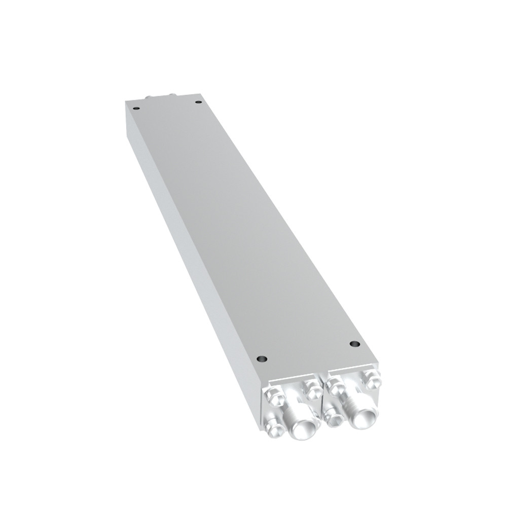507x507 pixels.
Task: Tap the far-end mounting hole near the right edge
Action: pyautogui.click(x=198, y=102)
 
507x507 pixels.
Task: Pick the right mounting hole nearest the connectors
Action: pyautogui.click(x=354, y=344)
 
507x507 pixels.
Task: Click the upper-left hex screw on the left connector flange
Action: pyautogui.click(x=273, y=395)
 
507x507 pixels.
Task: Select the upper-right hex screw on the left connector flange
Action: pyautogui.click(x=312, y=389)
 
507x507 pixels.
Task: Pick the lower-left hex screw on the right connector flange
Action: pyautogui.click(x=335, y=416)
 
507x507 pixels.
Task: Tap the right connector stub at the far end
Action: pyautogui.click(x=171, y=95)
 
